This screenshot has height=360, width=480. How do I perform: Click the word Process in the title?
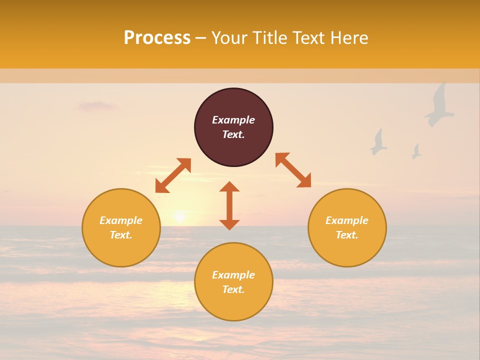pyautogui.click(x=157, y=38)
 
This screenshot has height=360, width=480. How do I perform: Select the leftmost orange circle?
pyautogui.click(x=121, y=227)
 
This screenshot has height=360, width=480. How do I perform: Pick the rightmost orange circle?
pyautogui.click(x=347, y=227)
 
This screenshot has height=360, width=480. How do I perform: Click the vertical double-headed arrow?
pyautogui.click(x=229, y=205)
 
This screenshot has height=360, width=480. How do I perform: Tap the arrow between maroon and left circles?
pyautogui.click(x=173, y=175)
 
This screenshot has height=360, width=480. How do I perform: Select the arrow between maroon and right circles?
pyautogui.click(x=293, y=170)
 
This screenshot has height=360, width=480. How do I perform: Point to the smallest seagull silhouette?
pyautogui.click(x=416, y=151)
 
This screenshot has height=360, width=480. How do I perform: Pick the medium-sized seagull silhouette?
pyautogui.click(x=378, y=142)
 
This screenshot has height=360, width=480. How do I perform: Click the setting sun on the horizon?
pyautogui.click(x=179, y=217)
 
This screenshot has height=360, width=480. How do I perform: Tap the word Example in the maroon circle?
pyautogui.click(x=233, y=120)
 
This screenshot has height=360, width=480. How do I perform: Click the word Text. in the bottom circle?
pyautogui.click(x=233, y=289)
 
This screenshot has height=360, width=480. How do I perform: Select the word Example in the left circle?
pyautogui.click(x=121, y=220)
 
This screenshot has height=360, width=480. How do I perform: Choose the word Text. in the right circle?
pyautogui.click(x=347, y=235)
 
